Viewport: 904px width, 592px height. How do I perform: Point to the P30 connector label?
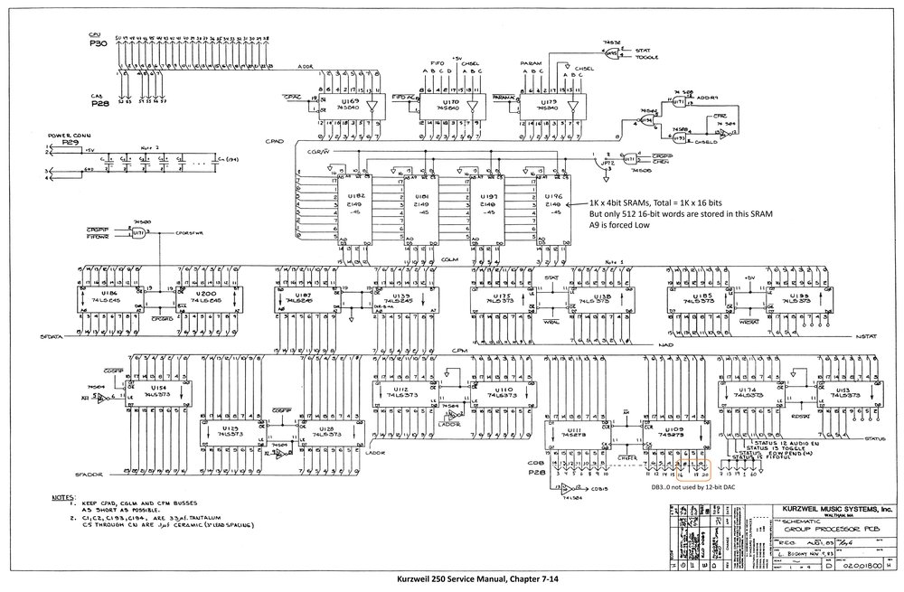click(x=98, y=42)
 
